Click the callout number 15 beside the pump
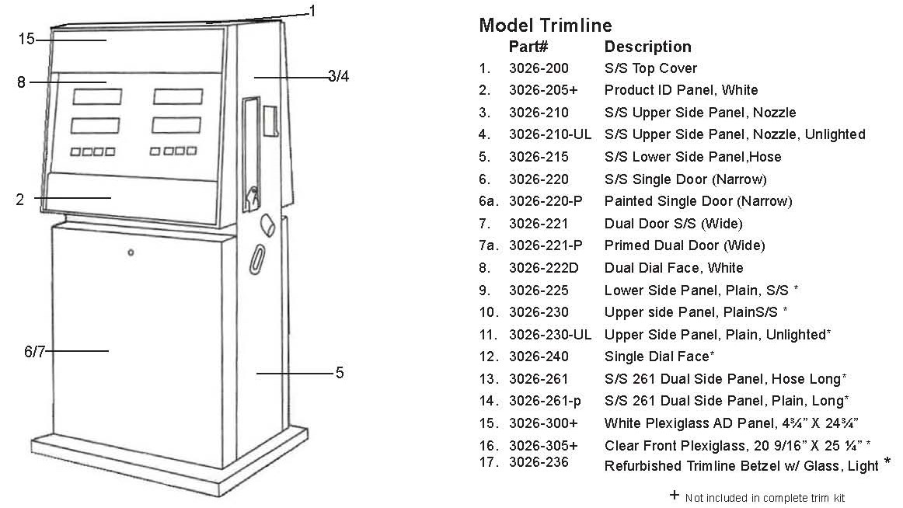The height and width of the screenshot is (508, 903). pos(26,39)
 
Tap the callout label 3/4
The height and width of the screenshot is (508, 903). pos(339,76)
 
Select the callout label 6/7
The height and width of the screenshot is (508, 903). pos(34,351)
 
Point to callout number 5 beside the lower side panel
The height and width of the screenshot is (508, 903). pos(340,373)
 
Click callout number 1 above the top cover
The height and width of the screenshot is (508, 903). pos(312,11)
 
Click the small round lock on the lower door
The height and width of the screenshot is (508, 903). pos(131,252)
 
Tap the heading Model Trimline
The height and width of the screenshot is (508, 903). pos(546,26)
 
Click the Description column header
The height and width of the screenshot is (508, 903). pos(648,47)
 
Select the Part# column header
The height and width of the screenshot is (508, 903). pos(528,47)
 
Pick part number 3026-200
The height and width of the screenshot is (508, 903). pos(539,68)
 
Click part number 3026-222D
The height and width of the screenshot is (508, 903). pos(544,268)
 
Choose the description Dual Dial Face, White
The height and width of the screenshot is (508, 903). pos(674,268)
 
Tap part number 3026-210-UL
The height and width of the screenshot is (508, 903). pos(550,134)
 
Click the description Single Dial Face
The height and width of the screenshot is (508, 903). pos(657,357)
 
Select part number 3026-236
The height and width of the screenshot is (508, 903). pos(539,462)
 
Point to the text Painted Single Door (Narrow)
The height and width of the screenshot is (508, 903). pos(698,201)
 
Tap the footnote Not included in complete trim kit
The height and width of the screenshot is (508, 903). pos(765,498)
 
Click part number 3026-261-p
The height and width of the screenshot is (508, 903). pos(545,401)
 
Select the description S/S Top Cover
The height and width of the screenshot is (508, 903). pos(650,68)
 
